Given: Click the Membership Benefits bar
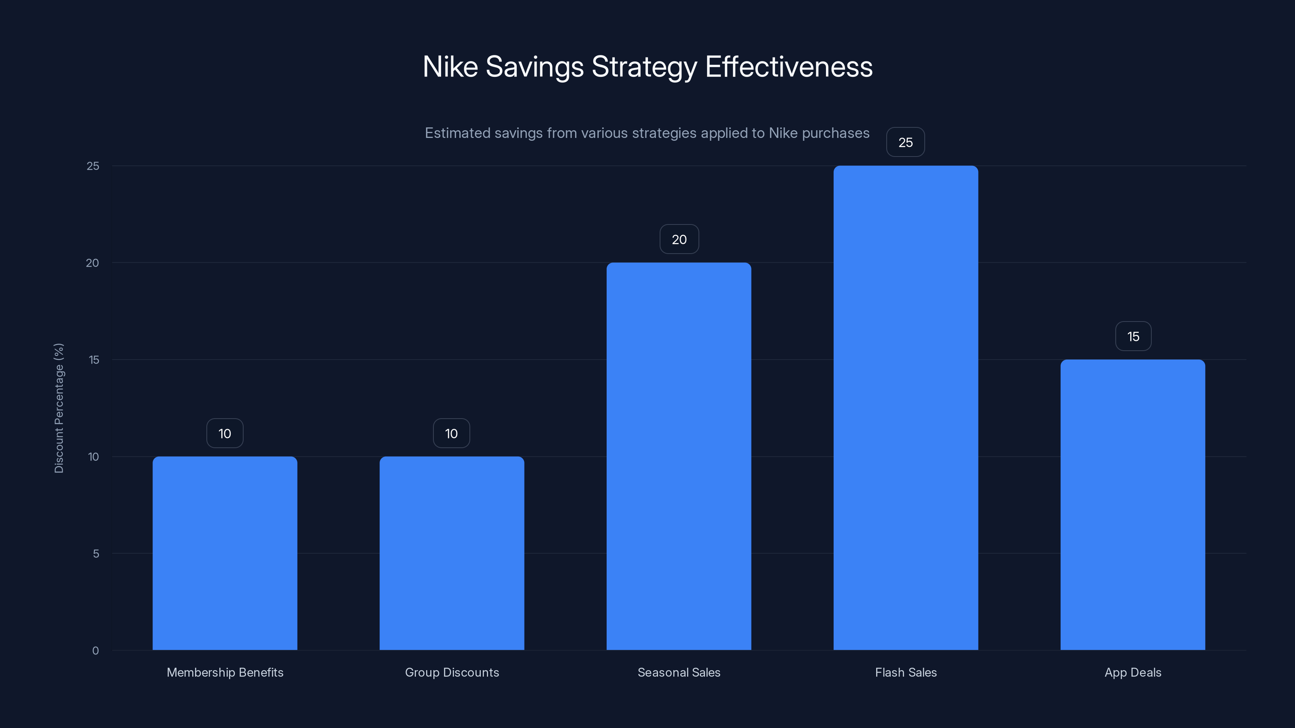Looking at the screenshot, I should [225, 552].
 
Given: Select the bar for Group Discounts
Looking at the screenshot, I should [452, 552].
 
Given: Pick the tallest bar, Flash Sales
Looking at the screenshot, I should [905, 407].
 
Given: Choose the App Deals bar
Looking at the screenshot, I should [1133, 504].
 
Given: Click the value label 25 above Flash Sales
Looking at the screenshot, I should [905, 142].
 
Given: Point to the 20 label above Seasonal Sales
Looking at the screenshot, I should [679, 239].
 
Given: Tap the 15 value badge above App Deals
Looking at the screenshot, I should [1133, 336].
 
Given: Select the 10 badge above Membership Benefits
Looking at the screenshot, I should [225, 433].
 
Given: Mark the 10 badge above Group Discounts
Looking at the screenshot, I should [452, 433].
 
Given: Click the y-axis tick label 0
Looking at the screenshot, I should [96, 651].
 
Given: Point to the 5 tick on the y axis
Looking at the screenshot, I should [96, 554].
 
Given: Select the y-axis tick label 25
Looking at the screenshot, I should [93, 166].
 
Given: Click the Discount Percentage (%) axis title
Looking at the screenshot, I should [59, 408].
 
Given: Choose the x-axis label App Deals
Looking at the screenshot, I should [1133, 672].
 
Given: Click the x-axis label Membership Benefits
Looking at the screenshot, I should [225, 672].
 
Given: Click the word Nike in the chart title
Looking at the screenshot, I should [450, 66].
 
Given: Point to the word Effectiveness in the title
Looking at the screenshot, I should [789, 66].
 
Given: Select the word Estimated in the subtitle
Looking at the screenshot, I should [457, 133].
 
